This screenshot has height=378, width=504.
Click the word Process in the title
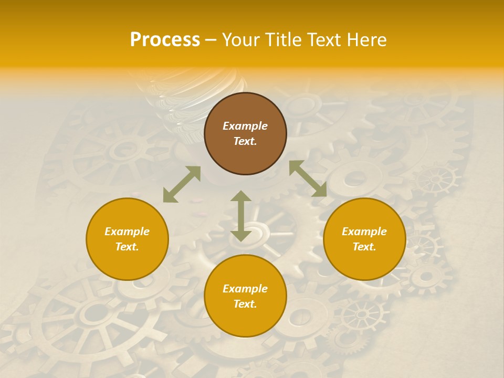165,40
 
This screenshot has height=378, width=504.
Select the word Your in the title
241,40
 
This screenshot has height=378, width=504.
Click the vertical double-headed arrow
241,216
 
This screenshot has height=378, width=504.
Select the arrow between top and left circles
182,184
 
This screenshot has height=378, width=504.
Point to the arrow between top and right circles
308,178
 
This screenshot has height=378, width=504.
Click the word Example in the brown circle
245,126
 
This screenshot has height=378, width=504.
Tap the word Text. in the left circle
127,247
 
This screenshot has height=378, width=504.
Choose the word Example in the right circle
364,232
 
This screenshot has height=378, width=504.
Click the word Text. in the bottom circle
245,304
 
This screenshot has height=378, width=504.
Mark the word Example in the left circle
127,232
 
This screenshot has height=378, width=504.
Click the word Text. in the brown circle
245,141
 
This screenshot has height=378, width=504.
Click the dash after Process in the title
211,40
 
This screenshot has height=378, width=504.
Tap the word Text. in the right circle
364,247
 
